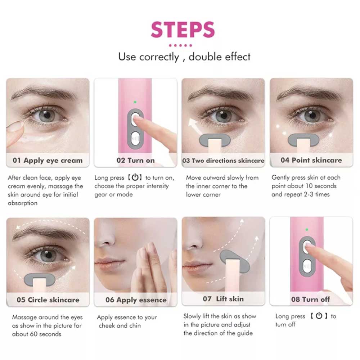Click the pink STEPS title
click(x=183, y=30)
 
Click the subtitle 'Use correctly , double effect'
click(x=184, y=57)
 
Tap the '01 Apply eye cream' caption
click(x=48, y=160)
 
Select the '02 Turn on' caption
click(x=135, y=160)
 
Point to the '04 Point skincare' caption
click(x=311, y=160)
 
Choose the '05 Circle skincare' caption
click(x=48, y=300)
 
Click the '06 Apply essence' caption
click(x=136, y=300)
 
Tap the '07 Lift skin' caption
click(x=223, y=299)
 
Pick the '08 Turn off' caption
click(x=310, y=299)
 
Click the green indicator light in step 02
click(x=135, y=102)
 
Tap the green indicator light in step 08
click(x=307, y=230)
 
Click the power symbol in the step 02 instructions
click(x=135, y=177)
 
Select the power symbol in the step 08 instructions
click(x=319, y=316)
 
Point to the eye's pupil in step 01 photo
click(x=47, y=114)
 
